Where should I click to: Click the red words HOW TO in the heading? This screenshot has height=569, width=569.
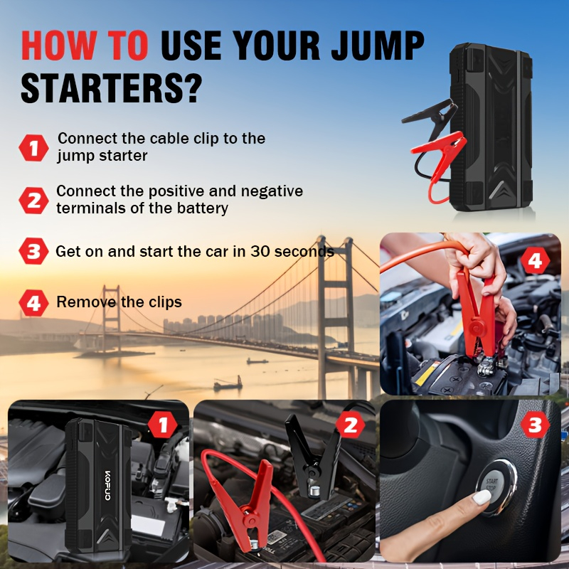coord(85,45)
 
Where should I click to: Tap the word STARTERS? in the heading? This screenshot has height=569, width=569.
coord(111,88)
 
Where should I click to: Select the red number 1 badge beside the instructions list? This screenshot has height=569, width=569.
coord(33,148)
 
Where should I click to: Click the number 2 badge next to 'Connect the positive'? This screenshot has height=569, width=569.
coord(33,201)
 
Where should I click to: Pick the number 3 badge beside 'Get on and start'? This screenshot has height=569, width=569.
coord(33,251)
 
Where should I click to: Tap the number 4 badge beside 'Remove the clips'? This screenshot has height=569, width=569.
coord(33,303)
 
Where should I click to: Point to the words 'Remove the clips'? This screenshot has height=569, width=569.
coord(119,302)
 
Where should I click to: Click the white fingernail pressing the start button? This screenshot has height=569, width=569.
coord(482,496)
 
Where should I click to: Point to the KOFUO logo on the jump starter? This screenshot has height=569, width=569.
coord(108,486)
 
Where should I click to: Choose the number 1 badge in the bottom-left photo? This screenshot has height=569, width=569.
coord(163,425)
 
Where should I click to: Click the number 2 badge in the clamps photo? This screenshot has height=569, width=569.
coord(350,425)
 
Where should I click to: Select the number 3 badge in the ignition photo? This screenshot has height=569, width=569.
coord(536,425)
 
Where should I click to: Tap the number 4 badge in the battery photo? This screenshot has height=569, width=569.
coord(536,260)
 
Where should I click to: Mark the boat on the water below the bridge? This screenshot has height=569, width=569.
coord(228,384)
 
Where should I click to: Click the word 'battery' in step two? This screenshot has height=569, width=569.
coord(203,208)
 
